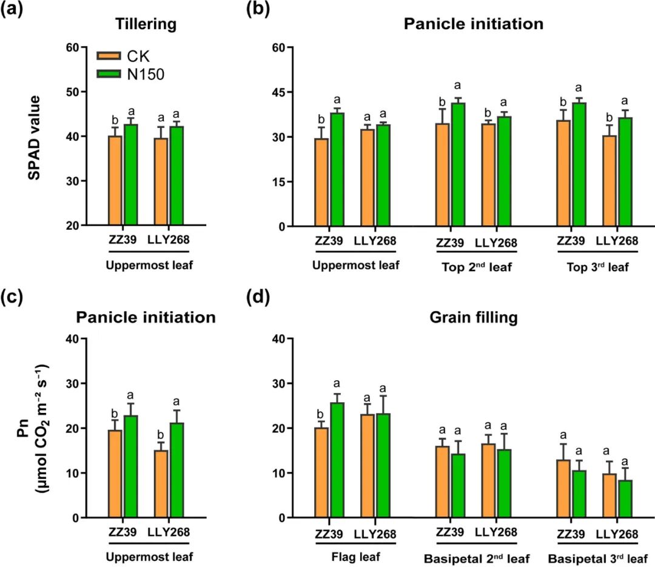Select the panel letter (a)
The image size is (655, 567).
click(13, 12)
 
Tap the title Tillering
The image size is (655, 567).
click(146, 25)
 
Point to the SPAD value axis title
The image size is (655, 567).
click(34, 136)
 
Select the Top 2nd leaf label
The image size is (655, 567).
click(476, 266)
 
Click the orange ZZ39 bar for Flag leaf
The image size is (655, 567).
click(321, 472)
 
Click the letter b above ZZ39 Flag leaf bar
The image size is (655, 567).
click(321, 414)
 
